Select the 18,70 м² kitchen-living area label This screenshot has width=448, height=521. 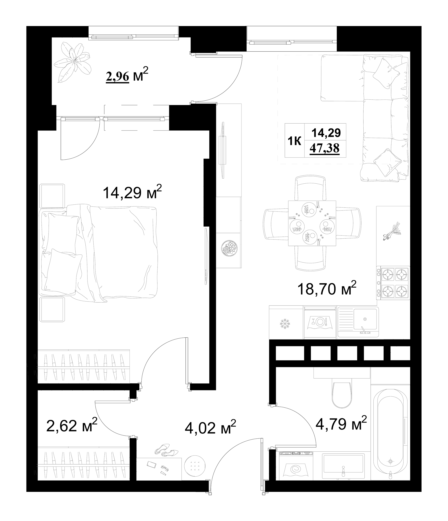pos(327,289)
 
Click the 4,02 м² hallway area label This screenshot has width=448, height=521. pos(210,428)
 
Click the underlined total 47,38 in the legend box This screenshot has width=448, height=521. pos(325,148)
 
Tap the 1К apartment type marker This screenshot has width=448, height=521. pos(294,142)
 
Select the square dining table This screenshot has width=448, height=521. pos(312,223)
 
